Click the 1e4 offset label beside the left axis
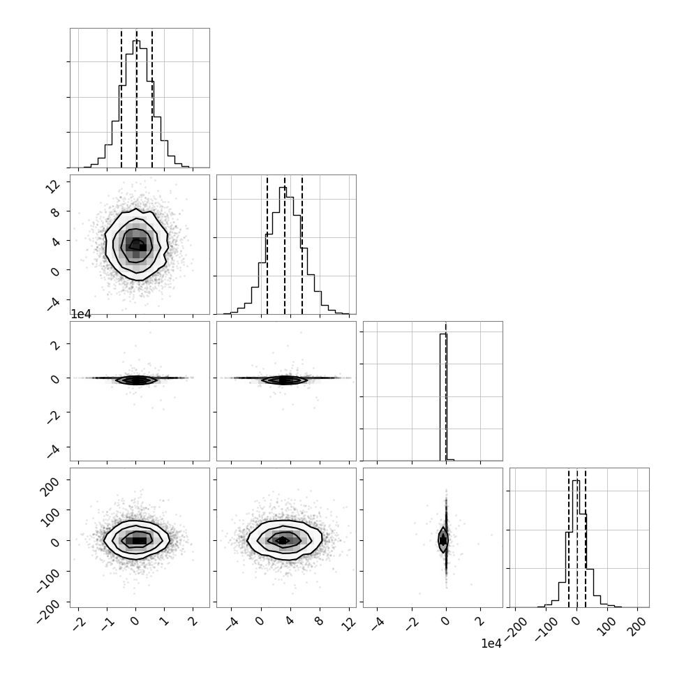(x=81, y=314)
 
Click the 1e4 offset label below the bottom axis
(x=492, y=643)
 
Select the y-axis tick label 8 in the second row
(x=56, y=212)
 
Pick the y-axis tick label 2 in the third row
(x=56, y=345)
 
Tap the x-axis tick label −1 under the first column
(x=108, y=623)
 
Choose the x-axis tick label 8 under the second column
(x=319, y=621)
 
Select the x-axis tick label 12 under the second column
(x=349, y=623)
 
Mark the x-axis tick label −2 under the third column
(x=410, y=623)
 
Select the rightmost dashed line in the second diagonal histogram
(x=302, y=245)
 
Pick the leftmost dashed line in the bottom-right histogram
(x=569, y=537)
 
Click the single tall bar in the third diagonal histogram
(x=443, y=397)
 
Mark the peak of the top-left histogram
(x=136, y=40)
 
